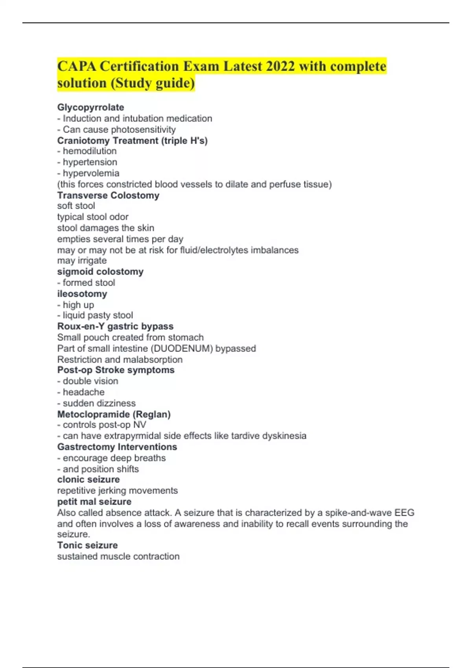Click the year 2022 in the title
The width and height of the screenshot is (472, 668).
tap(280, 66)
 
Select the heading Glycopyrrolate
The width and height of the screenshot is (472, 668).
tap(90, 107)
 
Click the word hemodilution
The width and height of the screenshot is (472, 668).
tap(90, 151)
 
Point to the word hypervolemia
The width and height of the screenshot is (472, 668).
tap(91, 173)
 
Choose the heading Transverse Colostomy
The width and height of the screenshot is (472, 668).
tap(108, 195)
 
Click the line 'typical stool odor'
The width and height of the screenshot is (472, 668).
tap(93, 217)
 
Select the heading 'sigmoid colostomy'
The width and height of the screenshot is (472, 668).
tap(100, 272)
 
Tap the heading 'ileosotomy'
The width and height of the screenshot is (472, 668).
tap(82, 294)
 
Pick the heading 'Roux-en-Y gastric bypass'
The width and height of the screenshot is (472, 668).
tap(115, 327)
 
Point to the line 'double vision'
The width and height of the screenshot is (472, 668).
tap(90, 381)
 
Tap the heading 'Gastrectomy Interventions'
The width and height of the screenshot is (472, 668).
tap(117, 447)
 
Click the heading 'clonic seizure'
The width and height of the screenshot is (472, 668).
tap(88, 479)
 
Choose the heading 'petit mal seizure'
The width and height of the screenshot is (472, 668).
tap(94, 502)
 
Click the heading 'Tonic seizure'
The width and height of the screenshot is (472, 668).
tap(87, 545)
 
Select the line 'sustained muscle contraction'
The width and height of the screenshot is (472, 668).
tap(118, 556)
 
